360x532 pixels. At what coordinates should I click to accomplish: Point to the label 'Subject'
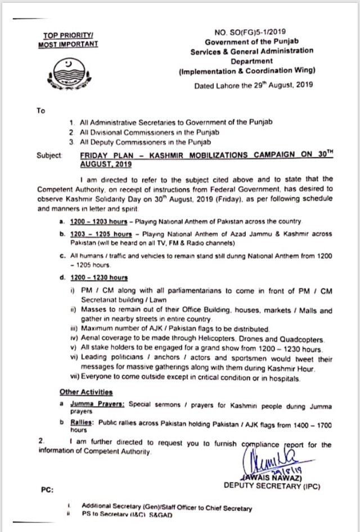49,155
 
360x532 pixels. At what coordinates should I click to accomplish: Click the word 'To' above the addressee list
40,111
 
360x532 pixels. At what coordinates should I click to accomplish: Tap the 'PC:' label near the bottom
47,490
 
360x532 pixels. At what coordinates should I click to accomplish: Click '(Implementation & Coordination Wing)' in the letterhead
247,71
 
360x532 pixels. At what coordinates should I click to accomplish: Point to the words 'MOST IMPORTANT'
68,43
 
